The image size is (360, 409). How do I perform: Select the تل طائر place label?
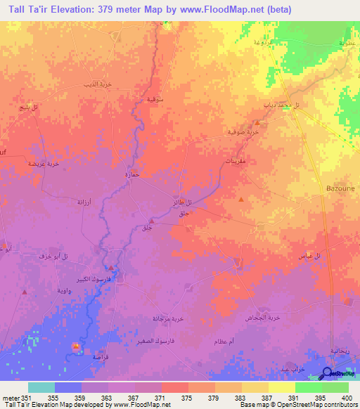tap(182, 203)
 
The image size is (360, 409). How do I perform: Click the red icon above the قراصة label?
tap(75, 345)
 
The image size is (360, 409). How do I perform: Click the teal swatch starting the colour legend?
tap(41, 387)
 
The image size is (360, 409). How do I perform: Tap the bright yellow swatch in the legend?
tap(282, 387)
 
